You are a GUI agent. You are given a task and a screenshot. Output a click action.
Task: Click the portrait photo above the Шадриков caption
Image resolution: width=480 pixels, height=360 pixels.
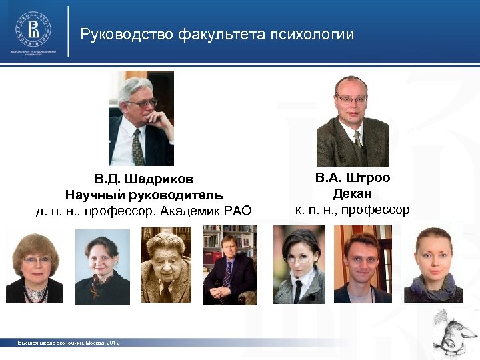141,118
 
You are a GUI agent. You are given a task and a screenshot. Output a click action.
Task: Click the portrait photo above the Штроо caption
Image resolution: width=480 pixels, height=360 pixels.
352,121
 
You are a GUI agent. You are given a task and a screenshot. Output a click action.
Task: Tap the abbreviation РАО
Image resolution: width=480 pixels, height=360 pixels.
239,211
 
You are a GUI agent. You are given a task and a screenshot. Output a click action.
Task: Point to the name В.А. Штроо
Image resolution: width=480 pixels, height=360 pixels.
353,177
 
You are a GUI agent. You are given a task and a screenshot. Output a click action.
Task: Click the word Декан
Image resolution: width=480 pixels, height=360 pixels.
353,194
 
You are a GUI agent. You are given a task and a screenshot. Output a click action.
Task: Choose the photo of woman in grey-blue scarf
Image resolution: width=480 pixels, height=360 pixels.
437,264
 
